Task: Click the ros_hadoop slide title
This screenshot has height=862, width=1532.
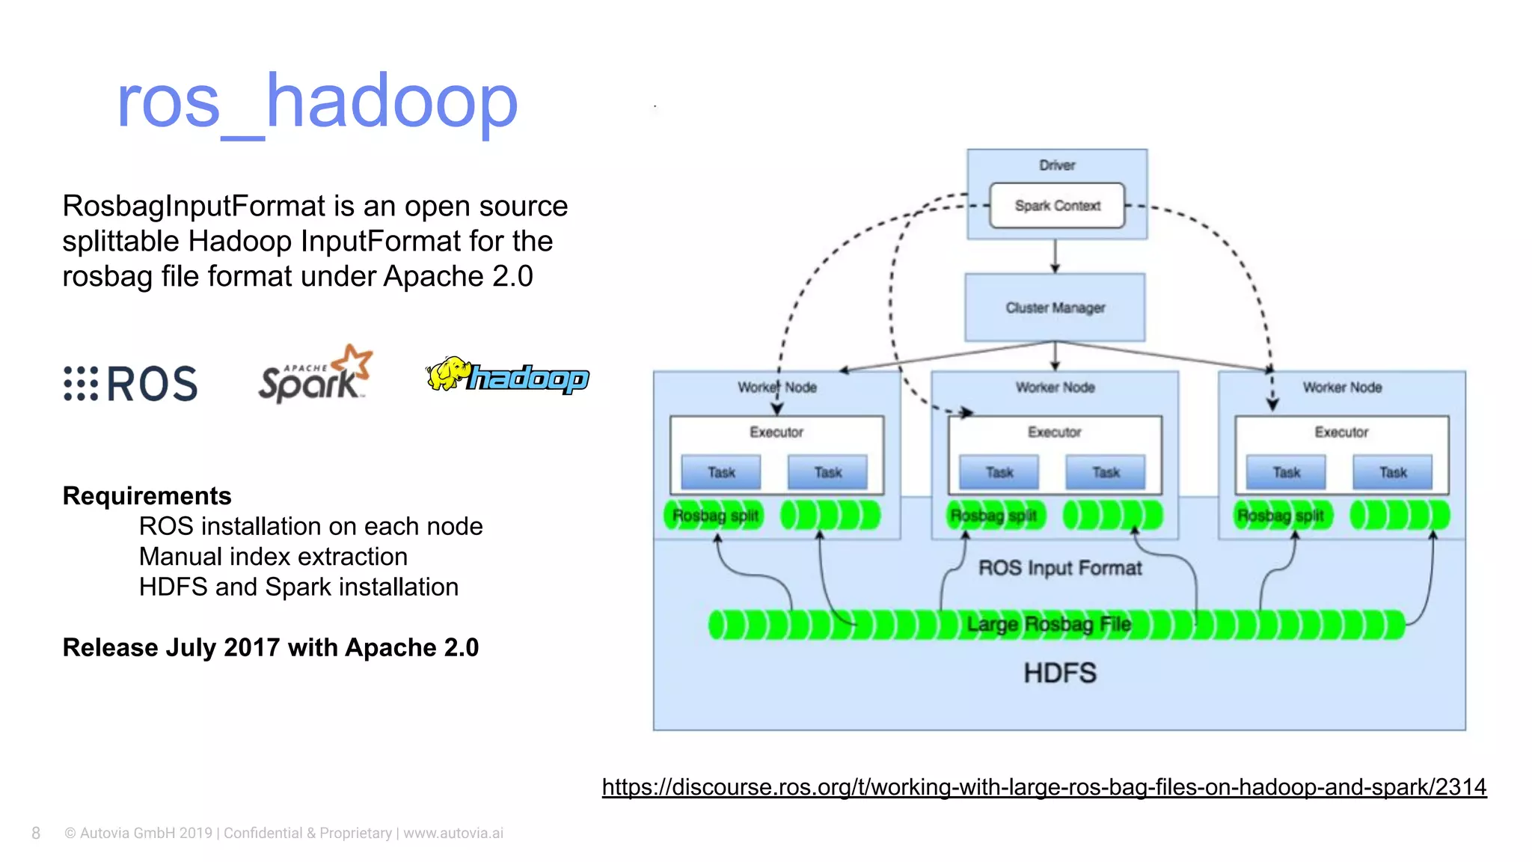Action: coord(316,103)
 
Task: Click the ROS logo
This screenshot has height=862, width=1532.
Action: coord(131,383)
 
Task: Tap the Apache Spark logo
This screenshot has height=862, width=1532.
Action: coord(315,375)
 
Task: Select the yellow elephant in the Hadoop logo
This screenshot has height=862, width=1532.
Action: coord(447,373)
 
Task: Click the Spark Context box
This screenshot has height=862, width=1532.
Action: coord(1056,205)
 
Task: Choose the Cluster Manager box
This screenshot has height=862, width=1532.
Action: coord(1055,308)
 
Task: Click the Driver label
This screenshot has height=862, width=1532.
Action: coord(1056,165)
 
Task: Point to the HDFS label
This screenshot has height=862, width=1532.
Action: coord(1059,673)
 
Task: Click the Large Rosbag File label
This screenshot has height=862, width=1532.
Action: coord(1048,624)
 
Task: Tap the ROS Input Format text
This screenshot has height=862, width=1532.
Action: coord(1059,568)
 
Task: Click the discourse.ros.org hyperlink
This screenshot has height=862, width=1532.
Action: coord(1044,786)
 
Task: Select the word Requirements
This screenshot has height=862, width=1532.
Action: coord(147,495)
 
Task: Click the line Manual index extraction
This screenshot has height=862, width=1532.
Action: coord(273,557)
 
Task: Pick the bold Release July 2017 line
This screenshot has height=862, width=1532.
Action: coord(270,647)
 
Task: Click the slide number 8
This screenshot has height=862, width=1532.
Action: coord(36,833)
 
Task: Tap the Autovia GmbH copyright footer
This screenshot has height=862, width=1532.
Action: coord(284,833)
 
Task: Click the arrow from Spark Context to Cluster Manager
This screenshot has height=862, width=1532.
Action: coord(1055,256)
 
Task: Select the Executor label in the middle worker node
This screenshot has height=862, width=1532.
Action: coord(1054,432)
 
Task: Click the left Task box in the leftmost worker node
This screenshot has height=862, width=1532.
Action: coord(720,472)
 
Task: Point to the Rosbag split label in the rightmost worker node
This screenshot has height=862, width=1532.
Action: coord(1280,516)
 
